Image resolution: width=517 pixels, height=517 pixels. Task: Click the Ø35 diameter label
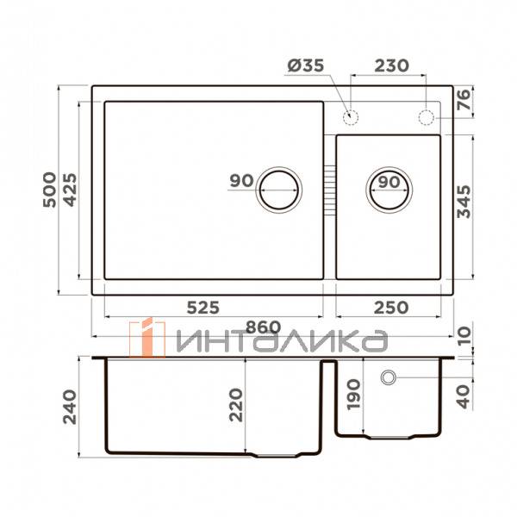click(306, 65)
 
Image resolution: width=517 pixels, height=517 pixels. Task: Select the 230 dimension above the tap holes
click(391, 65)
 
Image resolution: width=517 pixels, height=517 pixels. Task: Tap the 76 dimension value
click(464, 100)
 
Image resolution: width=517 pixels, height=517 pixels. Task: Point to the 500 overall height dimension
click(49, 190)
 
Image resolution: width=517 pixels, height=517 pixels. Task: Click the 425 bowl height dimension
click(70, 190)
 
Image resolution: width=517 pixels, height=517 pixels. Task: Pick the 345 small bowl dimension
click(464, 202)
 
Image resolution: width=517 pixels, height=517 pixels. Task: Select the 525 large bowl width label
click(202, 308)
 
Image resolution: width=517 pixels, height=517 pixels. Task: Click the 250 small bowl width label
click(391, 308)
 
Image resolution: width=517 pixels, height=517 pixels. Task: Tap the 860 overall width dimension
click(263, 327)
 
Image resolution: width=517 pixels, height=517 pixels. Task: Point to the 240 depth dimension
click(70, 407)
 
